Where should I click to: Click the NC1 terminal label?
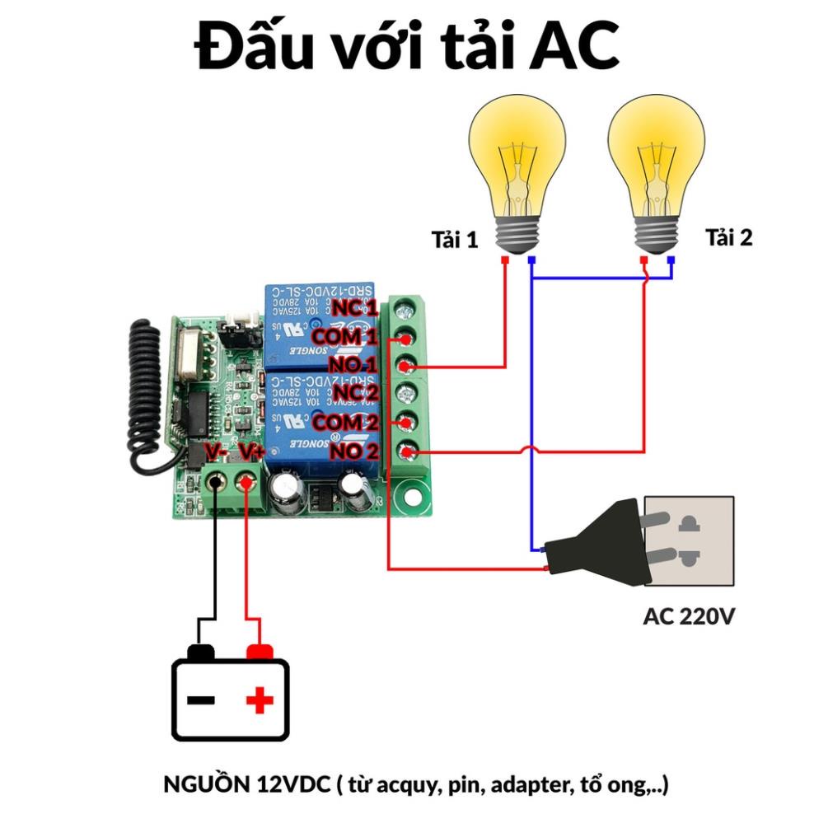click(x=354, y=309)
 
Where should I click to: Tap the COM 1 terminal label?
click(x=344, y=337)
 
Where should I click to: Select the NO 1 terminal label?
click(x=353, y=365)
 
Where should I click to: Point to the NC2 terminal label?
click(x=354, y=392)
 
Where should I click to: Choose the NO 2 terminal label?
click(x=353, y=451)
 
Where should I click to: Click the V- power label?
click(x=216, y=452)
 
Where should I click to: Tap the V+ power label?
click(x=251, y=452)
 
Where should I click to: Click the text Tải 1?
click(x=454, y=240)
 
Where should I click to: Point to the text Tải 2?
click(x=728, y=238)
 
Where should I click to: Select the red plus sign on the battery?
click(x=259, y=701)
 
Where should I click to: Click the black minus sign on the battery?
click(x=201, y=701)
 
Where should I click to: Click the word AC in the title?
click(x=573, y=48)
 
